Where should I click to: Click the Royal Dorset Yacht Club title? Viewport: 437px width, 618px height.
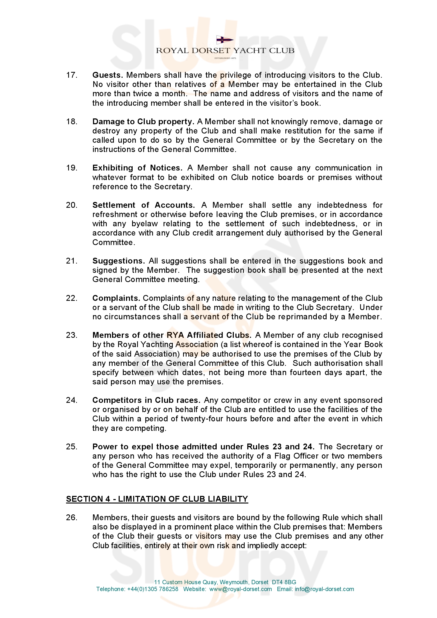225,50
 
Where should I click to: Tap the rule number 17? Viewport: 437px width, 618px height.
72,75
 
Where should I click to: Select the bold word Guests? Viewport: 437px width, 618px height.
108,75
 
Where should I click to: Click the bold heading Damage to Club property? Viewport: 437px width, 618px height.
143,122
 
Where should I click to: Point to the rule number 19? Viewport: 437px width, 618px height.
72,168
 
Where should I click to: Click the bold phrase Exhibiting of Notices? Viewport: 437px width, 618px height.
137,168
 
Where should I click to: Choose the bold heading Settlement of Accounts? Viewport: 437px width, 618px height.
143,205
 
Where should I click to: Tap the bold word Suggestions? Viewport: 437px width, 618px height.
119,261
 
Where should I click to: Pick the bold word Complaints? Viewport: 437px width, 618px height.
116,298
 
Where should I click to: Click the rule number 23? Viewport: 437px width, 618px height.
72,335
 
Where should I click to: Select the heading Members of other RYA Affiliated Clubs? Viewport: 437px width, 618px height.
172,335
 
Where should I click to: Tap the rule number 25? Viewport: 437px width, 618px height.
72,447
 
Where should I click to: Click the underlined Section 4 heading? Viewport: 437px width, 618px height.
157,499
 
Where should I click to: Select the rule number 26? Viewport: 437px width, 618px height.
72,518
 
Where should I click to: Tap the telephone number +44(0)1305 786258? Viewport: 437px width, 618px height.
152,589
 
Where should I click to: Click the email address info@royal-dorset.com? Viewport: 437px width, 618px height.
324,589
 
